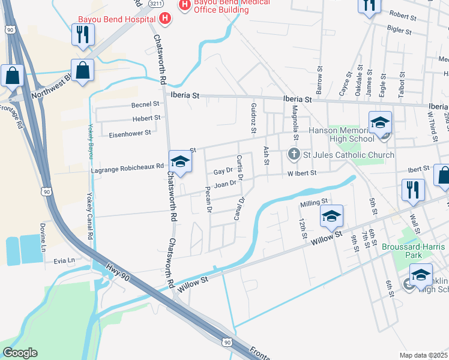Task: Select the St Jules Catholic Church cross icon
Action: pyautogui.click(x=294, y=155)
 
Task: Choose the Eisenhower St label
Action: pyautogui.click(x=130, y=133)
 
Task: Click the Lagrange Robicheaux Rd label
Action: pyautogui.click(x=127, y=169)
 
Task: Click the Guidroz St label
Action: pyautogui.click(x=253, y=118)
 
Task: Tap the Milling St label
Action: pyautogui.click(x=315, y=202)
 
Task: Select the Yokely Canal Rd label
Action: pyautogui.click(x=91, y=216)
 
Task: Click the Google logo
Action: pyautogui.click(x=20, y=353)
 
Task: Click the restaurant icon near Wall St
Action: pyautogui.click(x=414, y=189)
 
